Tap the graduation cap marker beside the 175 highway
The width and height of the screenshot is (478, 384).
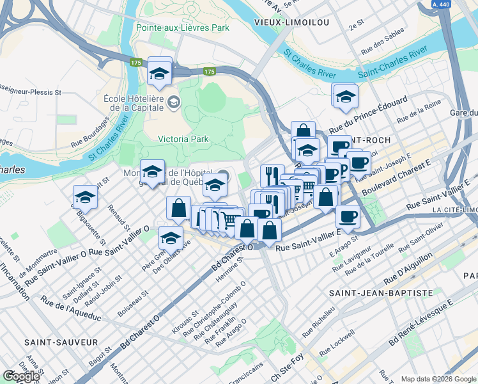pos(159,74)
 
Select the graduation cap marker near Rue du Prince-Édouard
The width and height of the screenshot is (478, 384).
pos(346,97)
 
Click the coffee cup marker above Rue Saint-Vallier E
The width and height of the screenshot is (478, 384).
pos(348,217)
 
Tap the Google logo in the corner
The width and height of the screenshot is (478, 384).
pos(21,376)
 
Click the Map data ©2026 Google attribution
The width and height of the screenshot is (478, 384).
pos(438,379)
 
